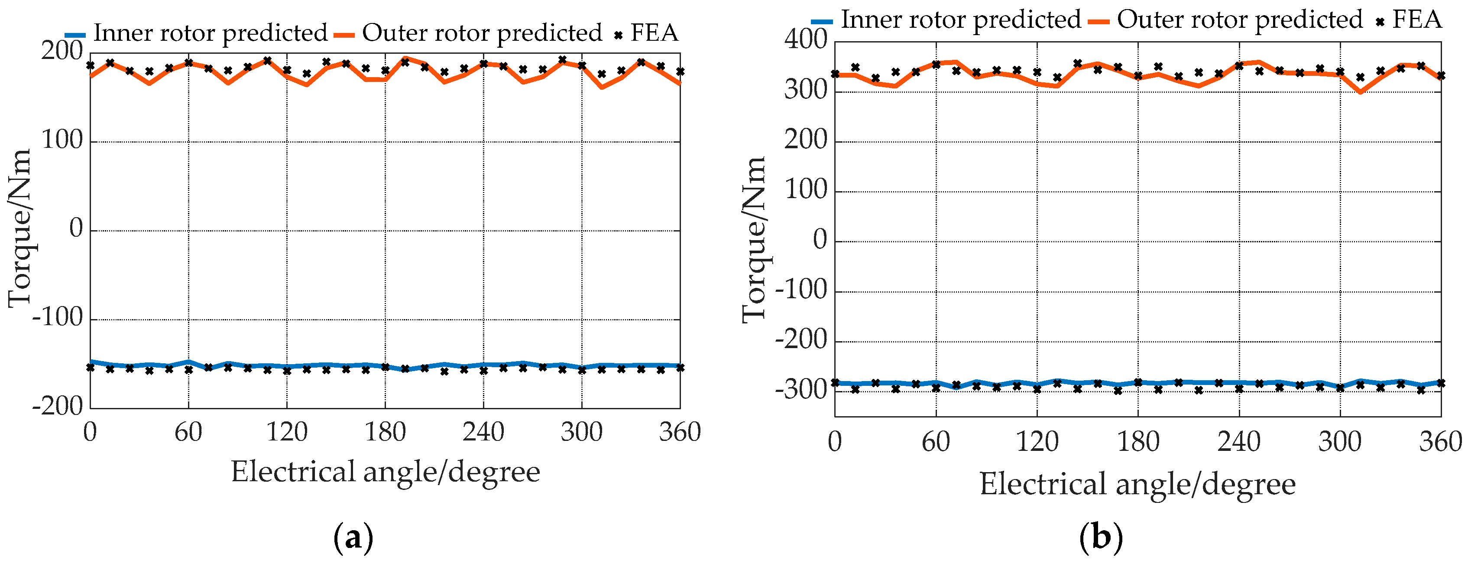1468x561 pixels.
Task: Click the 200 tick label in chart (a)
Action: pyautogui.click(x=62, y=51)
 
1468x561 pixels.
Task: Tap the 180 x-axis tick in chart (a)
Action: pyautogui.click(x=385, y=432)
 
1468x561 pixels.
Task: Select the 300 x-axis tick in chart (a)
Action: pyautogui.click(x=581, y=432)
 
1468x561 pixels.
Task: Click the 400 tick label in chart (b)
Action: pyautogui.click(x=805, y=40)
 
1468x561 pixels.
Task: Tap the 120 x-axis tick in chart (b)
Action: pyautogui.click(x=1037, y=442)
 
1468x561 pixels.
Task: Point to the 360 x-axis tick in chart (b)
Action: pyautogui.click(x=1440, y=442)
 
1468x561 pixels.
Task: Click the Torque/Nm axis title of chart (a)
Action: pyautogui.click(x=19, y=228)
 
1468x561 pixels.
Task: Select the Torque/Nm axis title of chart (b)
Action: pyautogui.click(x=753, y=239)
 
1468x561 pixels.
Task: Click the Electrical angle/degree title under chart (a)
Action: pyautogui.click(x=385, y=472)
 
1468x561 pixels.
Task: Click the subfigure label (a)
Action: pyautogui.click(x=353, y=537)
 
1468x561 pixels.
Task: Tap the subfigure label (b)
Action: pyautogui.click(x=1101, y=537)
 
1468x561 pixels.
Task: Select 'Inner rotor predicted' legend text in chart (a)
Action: pyautogui.click(x=210, y=33)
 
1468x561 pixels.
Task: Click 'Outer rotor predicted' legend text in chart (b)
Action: pyautogui.click(x=1239, y=20)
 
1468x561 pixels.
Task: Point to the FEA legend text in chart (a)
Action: pyautogui.click(x=654, y=33)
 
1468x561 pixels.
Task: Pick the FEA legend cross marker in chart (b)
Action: pyautogui.click(x=1380, y=22)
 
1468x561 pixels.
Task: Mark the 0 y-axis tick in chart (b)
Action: pyautogui.click(x=820, y=241)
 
